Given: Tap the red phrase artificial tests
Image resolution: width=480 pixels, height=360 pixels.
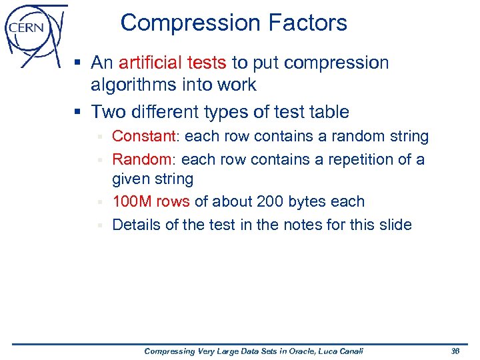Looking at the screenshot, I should coord(172,63).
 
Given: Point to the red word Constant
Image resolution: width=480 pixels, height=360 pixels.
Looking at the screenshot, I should coord(143,137).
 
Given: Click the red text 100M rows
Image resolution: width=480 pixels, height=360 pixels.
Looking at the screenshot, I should coord(151,202).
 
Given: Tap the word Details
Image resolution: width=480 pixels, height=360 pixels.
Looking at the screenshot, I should coord(136,225).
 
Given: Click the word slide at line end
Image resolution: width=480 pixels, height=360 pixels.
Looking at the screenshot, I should coord(394,225).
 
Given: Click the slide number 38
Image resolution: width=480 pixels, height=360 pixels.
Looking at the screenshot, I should coord(456,351).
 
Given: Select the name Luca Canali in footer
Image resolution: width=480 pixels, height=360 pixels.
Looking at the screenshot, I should coord(339,351).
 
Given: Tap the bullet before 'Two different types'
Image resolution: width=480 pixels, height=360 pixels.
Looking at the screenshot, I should coord(78,111).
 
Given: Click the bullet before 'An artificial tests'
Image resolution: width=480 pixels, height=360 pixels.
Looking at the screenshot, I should coord(78,63).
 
